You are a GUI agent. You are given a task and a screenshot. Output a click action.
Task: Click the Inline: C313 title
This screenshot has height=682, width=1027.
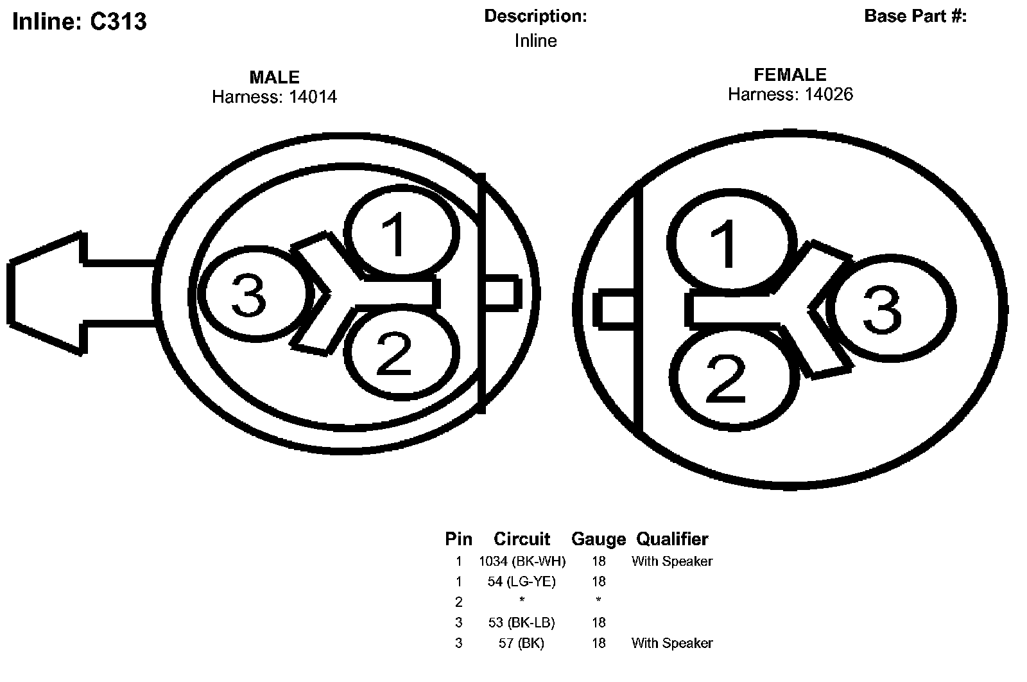(x=80, y=22)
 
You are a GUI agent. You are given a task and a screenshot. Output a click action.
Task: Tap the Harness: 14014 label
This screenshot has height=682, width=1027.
(x=274, y=97)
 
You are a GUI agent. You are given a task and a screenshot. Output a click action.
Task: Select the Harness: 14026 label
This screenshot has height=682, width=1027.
(x=790, y=94)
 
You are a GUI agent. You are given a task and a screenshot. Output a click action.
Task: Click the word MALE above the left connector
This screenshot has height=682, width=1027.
(x=274, y=78)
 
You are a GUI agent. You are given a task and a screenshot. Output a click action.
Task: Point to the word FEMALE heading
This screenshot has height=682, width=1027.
(x=790, y=74)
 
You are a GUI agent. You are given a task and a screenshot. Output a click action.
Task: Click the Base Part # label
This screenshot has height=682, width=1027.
(x=915, y=16)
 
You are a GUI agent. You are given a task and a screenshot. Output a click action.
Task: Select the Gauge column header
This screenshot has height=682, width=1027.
(x=598, y=539)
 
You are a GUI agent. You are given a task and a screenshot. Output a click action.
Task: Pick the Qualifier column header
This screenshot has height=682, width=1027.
(x=672, y=539)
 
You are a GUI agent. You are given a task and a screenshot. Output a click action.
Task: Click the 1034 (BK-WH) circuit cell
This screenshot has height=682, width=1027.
(x=522, y=561)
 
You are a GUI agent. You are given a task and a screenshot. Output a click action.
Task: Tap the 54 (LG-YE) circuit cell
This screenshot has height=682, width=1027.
(x=522, y=582)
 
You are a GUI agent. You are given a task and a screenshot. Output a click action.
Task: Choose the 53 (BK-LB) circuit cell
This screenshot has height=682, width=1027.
(x=522, y=622)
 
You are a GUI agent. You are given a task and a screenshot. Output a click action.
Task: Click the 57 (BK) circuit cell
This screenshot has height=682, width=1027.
(x=522, y=643)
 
